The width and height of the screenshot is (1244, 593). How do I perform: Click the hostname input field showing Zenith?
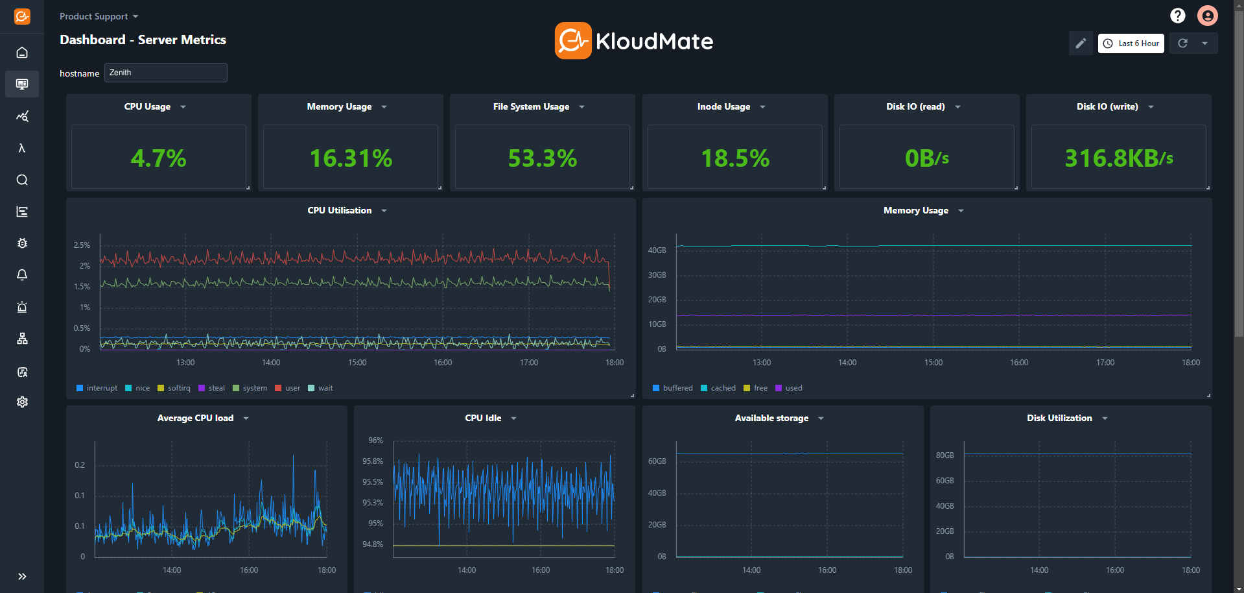[165, 73]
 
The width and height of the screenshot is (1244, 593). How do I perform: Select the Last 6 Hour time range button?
[1131, 43]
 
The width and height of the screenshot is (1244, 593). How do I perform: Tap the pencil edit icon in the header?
[1080, 43]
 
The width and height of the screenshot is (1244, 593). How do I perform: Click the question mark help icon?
[1177, 16]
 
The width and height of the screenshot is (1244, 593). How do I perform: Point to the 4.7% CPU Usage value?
[158, 158]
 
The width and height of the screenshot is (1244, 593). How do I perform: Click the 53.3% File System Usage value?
[542, 158]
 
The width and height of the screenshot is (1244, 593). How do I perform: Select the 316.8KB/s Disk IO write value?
[1118, 158]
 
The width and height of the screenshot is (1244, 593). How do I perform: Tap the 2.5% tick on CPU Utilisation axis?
[82, 245]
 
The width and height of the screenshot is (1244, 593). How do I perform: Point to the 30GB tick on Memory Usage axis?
[657, 275]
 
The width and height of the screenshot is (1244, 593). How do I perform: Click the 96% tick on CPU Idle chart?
[375, 441]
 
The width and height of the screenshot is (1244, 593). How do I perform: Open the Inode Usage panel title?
[723, 107]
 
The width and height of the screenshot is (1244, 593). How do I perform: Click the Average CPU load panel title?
[195, 418]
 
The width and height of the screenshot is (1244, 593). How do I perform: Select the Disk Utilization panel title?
[1059, 418]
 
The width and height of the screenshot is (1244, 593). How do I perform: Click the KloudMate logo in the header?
[634, 41]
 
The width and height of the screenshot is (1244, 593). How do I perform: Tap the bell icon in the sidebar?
[22, 275]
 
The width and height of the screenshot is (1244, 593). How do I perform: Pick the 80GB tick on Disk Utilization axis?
[945, 455]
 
